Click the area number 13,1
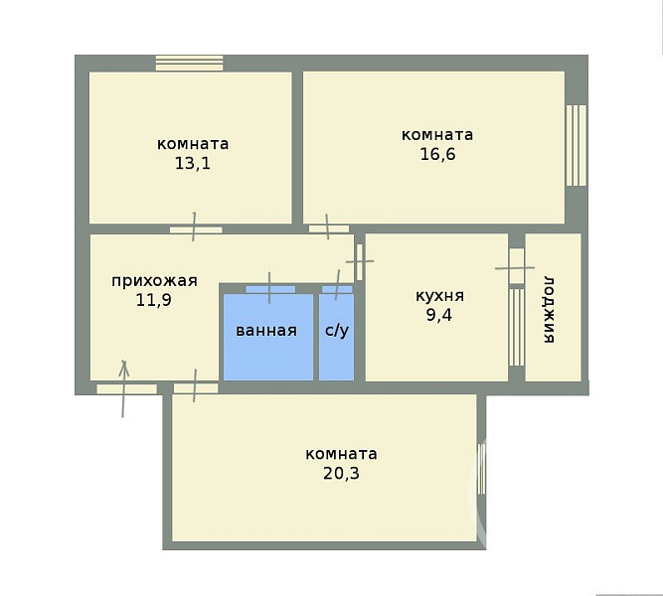(x=193, y=163)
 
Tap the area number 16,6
(x=437, y=154)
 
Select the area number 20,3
(x=341, y=473)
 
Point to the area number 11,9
(x=153, y=300)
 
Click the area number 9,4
(x=439, y=315)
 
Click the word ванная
(x=266, y=331)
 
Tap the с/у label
(x=337, y=331)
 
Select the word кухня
(x=439, y=296)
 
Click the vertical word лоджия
(x=549, y=310)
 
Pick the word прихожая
(x=154, y=281)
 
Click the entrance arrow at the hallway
(x=123, y=388)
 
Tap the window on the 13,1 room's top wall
(x=190, y=63)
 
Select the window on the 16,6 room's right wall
(x=577, y=145)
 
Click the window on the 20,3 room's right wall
(x=482, y=468)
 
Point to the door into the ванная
(x=270, y=289)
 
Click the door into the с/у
(x=337, y=289)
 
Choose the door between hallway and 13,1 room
(x=196, y=229)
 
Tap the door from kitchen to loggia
(x=516, y=266)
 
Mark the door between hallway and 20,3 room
(x=196, y=388)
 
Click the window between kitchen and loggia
(x=517, y=327)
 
